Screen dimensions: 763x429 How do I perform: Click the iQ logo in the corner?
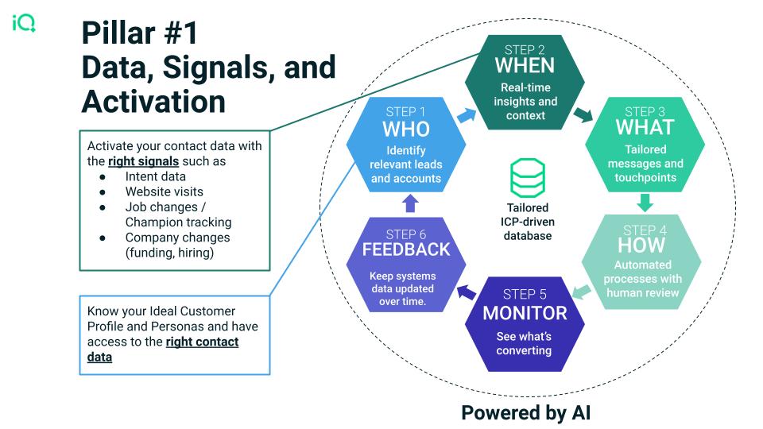[x=24, y=23]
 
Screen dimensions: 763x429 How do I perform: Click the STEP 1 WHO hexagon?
[x=406, y=145]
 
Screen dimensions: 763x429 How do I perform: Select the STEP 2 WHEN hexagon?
[x=525, y=82]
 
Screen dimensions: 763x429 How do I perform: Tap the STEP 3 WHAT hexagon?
[x=645, y=145]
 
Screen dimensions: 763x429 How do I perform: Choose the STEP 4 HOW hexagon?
[x=642, y=261]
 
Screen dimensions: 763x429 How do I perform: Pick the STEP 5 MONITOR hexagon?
[x=525, y=324]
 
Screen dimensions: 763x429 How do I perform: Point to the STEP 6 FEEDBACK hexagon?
[x=406, y=265]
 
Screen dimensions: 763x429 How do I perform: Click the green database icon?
[x=528, y=177]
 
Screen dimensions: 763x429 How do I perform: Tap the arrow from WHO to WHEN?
[x=467, y=116]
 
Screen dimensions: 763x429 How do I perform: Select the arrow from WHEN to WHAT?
[x=583, y=114]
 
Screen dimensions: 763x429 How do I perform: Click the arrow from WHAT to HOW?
[x=645, y=203]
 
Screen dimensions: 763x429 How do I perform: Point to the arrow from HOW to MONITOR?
[x=582, y=292]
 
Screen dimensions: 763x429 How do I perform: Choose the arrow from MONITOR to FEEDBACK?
[x=467, y=292]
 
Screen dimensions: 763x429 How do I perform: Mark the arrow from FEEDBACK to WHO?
[x=410, y=203]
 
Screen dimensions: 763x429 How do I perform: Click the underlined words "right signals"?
[x=144, y=161]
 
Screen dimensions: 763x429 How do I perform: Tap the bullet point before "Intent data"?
[x=103, y=177]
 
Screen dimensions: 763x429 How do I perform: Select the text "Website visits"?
[x=165, y=191]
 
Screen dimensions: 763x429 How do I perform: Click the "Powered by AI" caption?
[x=526, y=412]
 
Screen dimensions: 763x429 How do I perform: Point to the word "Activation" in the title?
[x=153, y=102]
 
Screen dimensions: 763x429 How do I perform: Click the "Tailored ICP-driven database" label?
[x=528, y=222]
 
